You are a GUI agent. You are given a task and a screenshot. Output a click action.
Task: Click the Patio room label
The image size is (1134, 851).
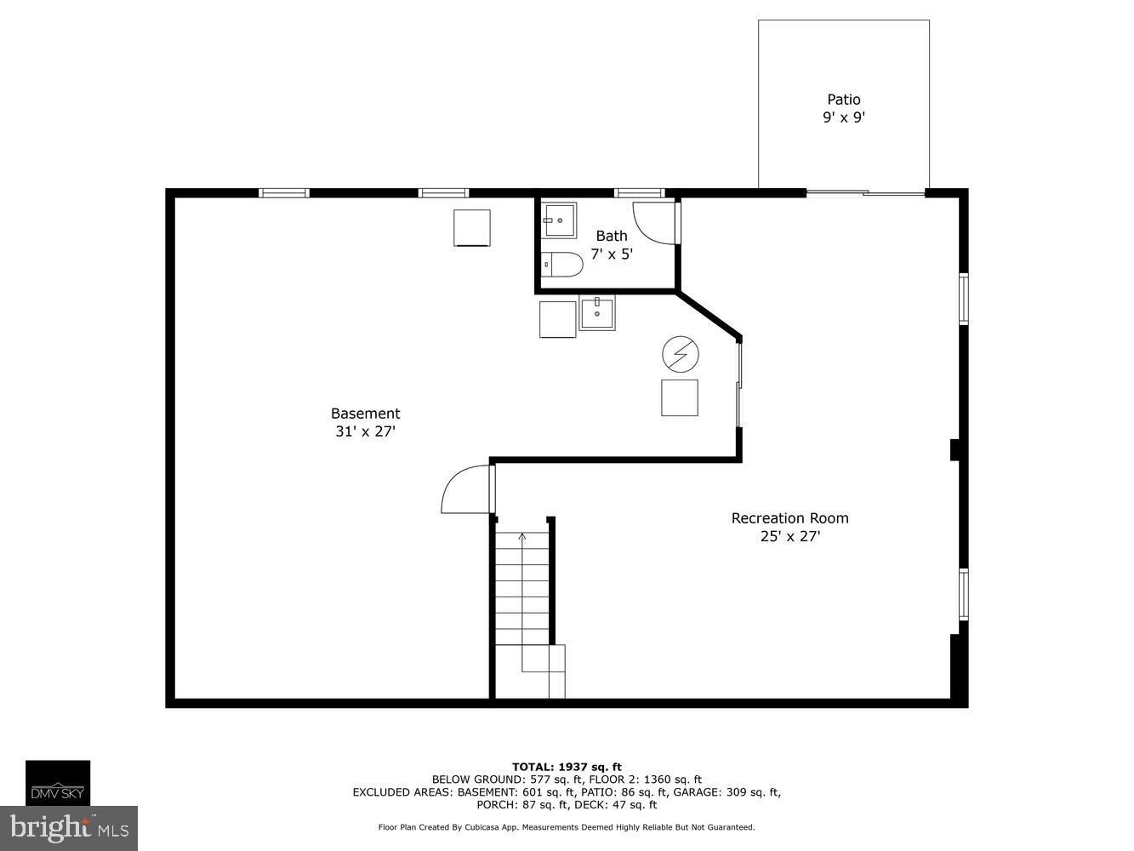click(843, 100)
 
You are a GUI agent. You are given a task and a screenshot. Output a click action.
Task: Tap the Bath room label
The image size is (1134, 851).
click(612, 236)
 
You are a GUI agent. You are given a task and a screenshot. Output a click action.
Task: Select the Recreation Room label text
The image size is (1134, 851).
click(789, 518)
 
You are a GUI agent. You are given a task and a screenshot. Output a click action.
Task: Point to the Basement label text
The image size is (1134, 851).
click(365, 414)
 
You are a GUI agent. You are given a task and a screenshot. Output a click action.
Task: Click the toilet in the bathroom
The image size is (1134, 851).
click(561, 266)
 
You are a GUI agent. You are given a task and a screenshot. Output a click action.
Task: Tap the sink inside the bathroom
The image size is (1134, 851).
click(561, 220)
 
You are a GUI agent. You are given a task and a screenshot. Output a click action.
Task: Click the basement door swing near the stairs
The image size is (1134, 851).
click(465, 491)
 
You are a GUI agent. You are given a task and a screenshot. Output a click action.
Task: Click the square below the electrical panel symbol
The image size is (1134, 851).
click(680, 397)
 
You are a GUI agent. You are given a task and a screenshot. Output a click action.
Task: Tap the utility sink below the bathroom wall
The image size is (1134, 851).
click(597, 312)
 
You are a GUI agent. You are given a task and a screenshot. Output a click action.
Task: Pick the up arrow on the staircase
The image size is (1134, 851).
click(521, 536)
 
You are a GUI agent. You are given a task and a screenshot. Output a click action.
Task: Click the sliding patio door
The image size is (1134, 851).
click(865, 193)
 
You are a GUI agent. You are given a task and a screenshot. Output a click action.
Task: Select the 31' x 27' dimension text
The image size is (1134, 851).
click(365, 431)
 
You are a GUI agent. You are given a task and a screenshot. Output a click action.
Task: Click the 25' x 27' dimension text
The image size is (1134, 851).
click(789, 536)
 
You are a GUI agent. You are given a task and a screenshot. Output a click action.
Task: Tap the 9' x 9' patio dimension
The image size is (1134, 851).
click(843, 117)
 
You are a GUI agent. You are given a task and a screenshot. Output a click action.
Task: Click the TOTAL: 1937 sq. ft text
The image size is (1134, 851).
click(567, 767)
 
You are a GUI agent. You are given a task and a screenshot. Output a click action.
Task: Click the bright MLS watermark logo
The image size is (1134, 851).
click(69, 827)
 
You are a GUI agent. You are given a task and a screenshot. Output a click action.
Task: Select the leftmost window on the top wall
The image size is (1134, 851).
click(284, 193)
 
